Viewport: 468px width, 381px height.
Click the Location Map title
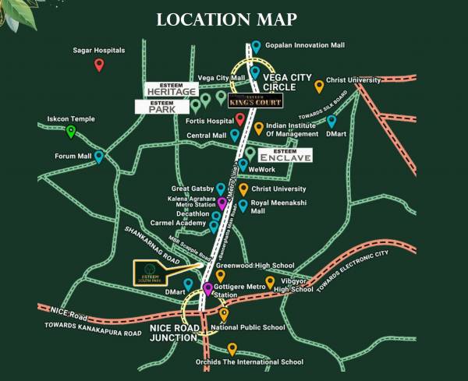[x=233, y=18]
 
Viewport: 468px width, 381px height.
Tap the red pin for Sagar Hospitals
[x=99, y=65]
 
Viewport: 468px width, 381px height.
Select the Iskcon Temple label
[x=71, y=119]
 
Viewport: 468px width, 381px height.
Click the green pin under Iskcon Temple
[x=71, y=131]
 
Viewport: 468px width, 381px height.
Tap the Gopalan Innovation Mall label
[x=304, y=45]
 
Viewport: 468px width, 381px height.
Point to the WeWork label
[x=262, y=168]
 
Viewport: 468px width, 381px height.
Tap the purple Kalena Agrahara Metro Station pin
[x=222, y=203]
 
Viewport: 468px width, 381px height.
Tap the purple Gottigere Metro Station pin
[x=207, y=290]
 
